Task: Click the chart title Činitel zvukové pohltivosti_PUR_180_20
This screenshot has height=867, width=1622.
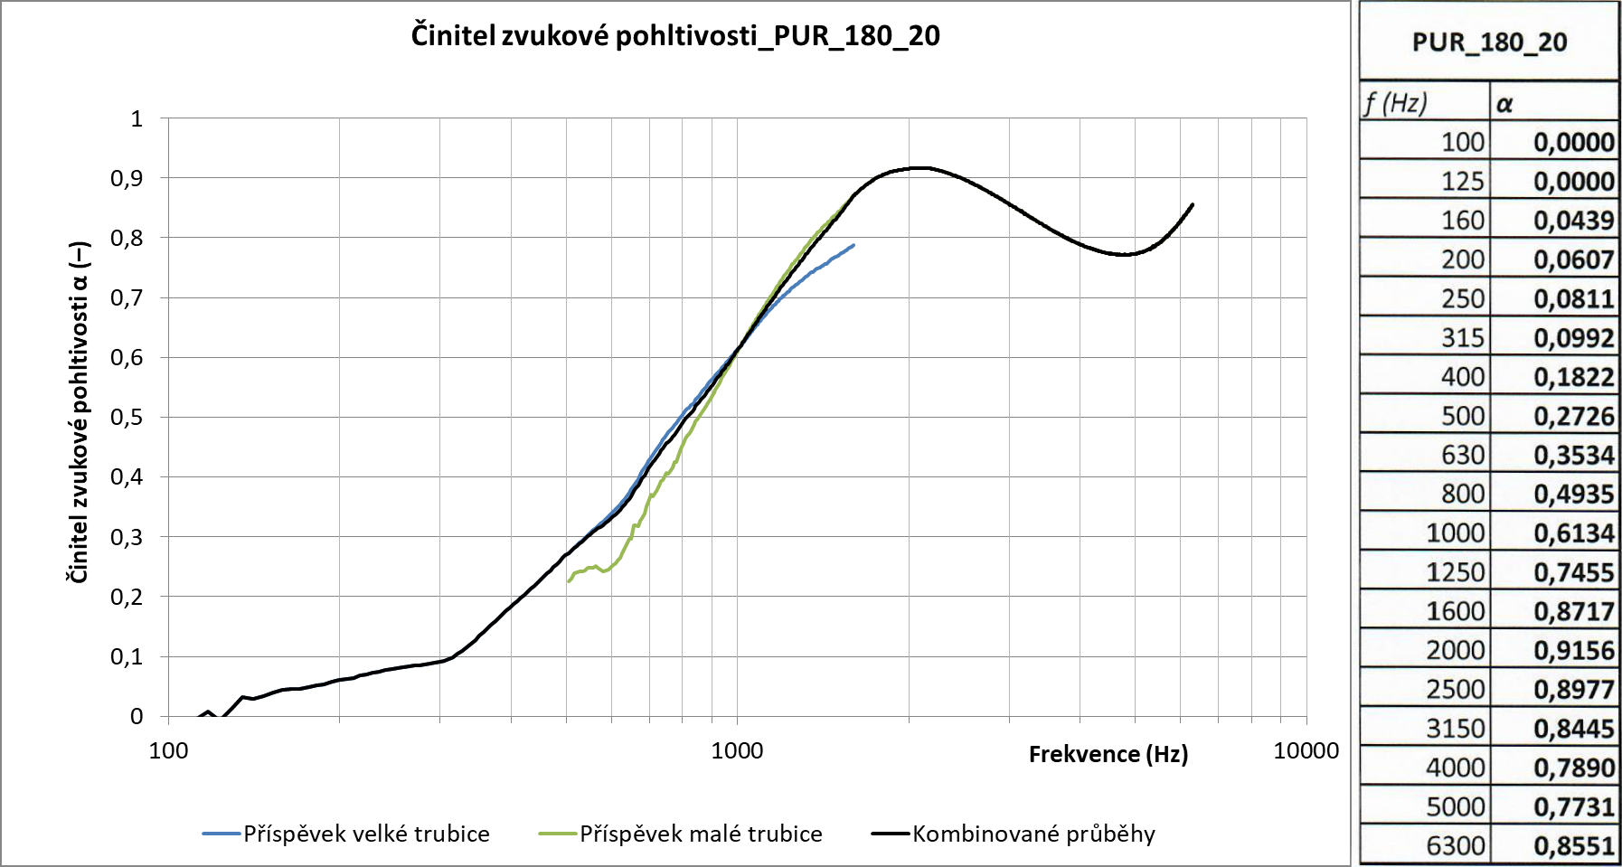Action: coord(675,36)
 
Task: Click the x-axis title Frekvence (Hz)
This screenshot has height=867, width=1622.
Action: coord(1108,754)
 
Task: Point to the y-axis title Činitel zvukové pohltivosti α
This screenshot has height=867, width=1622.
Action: coord(80,412)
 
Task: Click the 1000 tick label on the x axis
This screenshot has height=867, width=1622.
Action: coord(737,750)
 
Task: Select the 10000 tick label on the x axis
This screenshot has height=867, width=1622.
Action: coord(1306,750)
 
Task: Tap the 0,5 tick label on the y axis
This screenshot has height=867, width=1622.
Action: coord(127,417)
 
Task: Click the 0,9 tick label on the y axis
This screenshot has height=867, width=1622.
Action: coord(127,178)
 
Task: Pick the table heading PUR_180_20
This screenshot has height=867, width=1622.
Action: coord(1489,42)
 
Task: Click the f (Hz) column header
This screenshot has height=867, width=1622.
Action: coord(1396,103)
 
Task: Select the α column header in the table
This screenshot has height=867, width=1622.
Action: coord(1504,104)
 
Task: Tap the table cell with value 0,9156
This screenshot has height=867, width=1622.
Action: coord(1573,650)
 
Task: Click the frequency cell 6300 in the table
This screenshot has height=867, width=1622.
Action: coord(1455,845)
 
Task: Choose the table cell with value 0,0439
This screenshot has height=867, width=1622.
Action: coord(1573,221)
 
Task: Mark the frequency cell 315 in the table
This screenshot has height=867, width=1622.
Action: coord(1462,338)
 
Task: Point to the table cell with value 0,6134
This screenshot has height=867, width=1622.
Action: coord(1573,533)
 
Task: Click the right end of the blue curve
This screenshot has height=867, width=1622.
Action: coord(853,245)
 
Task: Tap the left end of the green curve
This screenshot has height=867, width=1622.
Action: coord(568,581)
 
